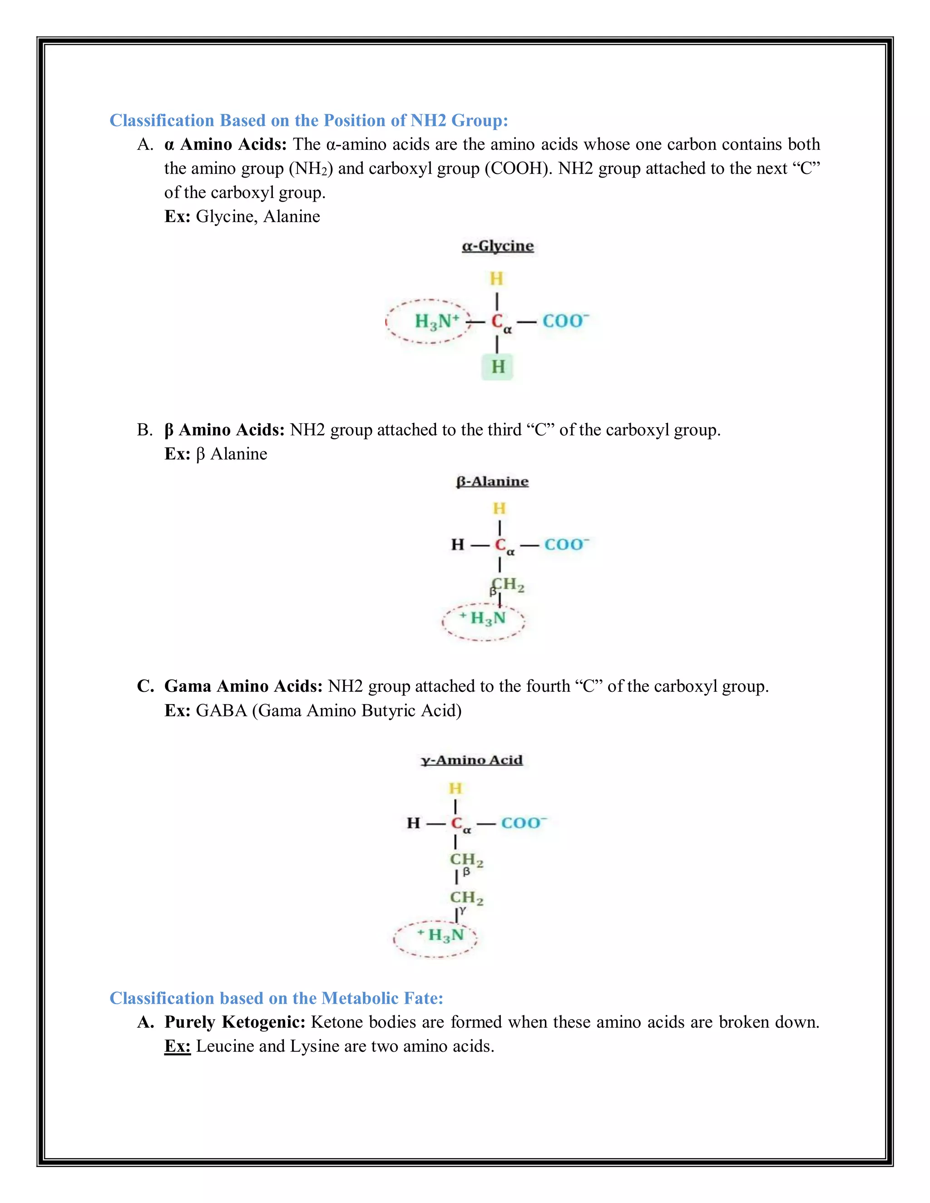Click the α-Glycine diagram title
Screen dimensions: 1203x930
click(498, 246)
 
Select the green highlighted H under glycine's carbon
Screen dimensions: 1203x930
click(498, 367)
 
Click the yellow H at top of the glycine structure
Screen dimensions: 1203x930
click(496, 279)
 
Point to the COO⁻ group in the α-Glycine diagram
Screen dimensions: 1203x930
click(565, 320)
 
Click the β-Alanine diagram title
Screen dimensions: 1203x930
click(492, 481)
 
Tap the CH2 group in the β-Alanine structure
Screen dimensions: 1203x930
click(508, 584)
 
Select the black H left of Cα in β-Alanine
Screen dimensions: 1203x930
click(458, 545)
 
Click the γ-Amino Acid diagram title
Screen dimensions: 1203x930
click(472, 760)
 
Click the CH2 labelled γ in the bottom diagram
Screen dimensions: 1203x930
click(466, 898)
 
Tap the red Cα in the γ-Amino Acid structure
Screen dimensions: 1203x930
click(458, 823)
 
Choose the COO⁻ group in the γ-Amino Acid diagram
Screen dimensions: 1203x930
click(524, 823)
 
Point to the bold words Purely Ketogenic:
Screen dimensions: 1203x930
click(235, 1022)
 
